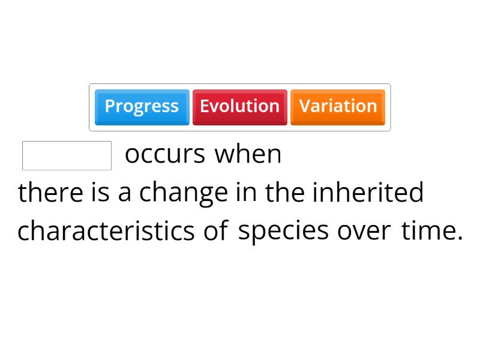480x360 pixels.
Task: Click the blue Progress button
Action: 142,107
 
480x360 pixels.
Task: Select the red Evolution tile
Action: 239,107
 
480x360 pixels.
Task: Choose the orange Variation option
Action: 338,107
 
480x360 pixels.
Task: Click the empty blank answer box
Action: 67,156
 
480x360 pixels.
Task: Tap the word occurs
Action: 165,155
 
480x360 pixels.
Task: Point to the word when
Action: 248,154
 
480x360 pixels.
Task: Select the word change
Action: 184,193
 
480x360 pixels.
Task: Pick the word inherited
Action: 368,193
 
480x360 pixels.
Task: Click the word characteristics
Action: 106,231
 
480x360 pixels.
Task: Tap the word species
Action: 283,231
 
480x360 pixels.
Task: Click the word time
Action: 428,230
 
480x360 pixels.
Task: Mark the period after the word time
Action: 460,238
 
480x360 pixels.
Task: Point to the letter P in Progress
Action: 109,106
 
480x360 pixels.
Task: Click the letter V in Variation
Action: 304,106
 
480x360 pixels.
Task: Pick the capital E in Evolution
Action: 204,106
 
